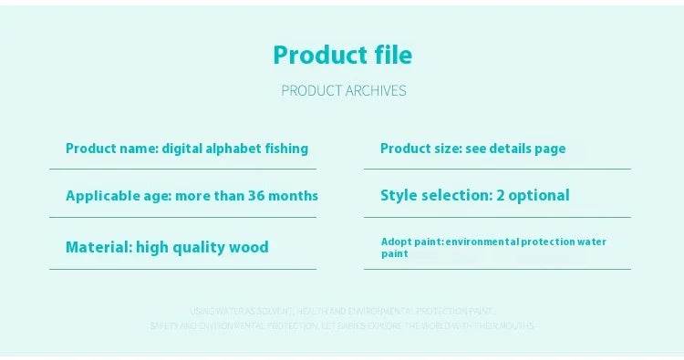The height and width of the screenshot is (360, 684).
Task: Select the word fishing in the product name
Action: pyautogui.click(x=285, y=148)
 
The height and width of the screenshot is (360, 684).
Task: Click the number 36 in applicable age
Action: pyautogui.click(x=264, y=195)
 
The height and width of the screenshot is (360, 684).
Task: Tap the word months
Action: pyautogui.click(x=297, y=195)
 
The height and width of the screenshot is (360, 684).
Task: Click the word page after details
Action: pyautogui.click(x=550, y=148)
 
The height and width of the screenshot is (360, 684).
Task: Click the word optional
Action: pyautogui.click(x=539, y=195)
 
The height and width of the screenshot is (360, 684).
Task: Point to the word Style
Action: pyautogui.click(x=399, y=195)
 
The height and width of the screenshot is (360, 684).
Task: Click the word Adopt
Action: pyautogui.click(x=396, y=242)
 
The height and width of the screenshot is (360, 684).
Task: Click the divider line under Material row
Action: pyautogui.click(x=182, y=269)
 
